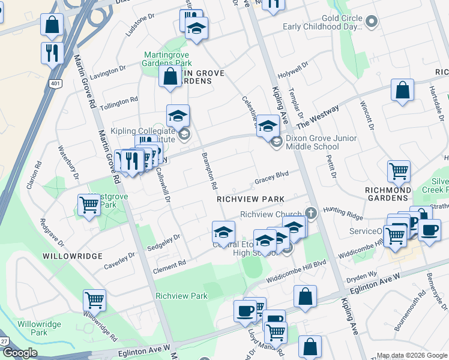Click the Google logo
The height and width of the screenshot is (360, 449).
[19, 353]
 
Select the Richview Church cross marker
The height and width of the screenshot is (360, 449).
[310, 213]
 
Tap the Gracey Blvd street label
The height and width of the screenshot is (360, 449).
[271, 176]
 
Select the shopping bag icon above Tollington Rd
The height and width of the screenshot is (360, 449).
[170, 76]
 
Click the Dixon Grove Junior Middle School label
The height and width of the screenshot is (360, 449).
[321, 142]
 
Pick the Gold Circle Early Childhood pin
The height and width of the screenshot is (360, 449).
[371, 22]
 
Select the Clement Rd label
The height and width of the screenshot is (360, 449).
[169, 265]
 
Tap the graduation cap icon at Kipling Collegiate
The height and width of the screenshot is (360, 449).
[178, 115]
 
